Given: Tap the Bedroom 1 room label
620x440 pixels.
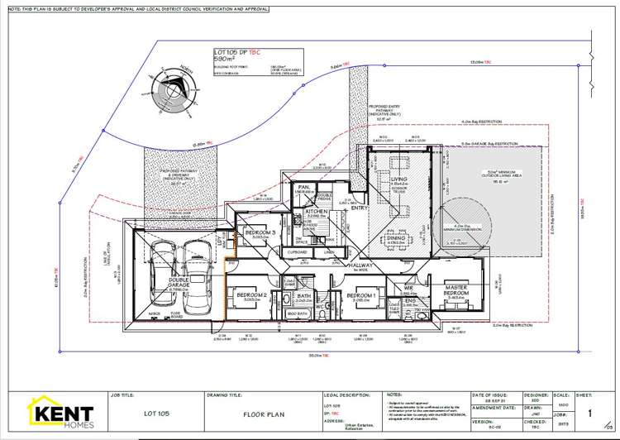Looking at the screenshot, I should (361, 294).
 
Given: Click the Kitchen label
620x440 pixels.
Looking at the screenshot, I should (317, 213).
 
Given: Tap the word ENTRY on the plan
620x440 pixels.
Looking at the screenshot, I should (359, 208).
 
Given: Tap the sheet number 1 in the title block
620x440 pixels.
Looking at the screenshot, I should (589, 411).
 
